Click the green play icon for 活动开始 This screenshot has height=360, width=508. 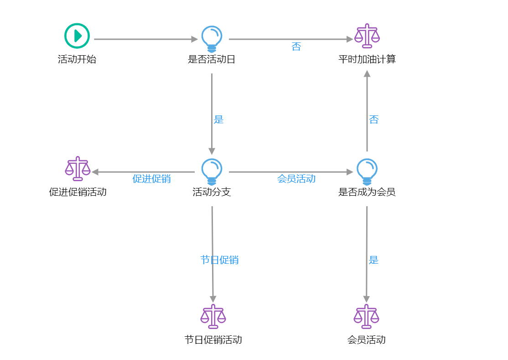point(77,36)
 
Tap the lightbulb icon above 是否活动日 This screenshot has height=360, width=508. point(212,38)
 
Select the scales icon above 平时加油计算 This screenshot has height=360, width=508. point(367,36)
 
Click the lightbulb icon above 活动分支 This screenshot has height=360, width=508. point(212,171)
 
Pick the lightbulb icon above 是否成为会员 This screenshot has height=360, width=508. point(367,171)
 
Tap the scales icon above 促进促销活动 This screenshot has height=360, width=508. point(78,169)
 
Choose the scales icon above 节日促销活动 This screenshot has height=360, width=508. point(213,316)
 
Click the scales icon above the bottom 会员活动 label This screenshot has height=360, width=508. point(367,316)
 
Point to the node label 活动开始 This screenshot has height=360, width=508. point(77,59)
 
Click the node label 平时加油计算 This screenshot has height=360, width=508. point(367,59)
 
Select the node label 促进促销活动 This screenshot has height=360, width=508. point(78,192)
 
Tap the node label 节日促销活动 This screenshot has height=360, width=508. point(213,340)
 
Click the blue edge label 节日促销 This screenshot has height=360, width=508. point(219,260)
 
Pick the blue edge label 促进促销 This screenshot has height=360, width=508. point(151,179)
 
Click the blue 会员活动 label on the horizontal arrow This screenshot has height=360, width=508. point(296,179)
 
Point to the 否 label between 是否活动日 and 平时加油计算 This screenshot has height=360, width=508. point(296,47)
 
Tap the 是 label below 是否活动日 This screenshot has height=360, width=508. point(219,120)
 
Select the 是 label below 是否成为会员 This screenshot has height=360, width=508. point(373,260)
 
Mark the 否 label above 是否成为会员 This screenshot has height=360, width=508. point(374,120)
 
